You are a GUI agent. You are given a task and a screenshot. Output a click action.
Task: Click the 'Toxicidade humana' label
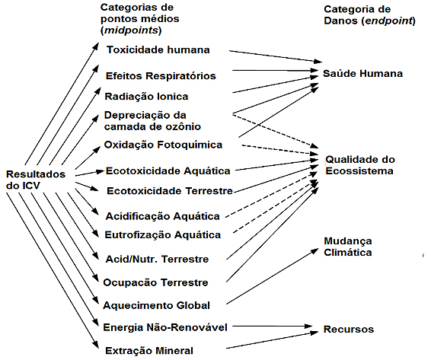158,49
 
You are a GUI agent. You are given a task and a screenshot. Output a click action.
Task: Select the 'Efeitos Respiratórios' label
161,76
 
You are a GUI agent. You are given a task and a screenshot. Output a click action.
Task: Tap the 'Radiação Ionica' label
146,97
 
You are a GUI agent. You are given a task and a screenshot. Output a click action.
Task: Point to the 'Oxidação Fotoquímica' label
163,145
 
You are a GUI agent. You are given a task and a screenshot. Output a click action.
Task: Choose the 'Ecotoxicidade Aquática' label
168,171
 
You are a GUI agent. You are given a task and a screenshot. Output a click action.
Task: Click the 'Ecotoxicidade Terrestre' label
170,191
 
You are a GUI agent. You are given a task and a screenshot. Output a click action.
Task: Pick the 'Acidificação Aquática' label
162,216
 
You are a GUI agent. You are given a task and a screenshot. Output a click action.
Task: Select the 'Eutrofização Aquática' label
163,235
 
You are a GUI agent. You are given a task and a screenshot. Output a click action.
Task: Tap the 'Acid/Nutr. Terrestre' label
157,259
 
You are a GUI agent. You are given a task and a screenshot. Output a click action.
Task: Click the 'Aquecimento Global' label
156,305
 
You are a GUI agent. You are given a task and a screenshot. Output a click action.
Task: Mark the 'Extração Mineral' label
149,351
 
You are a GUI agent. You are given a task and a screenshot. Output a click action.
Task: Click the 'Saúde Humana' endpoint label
362,74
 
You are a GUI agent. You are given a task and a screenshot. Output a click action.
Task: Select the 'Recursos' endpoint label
349,329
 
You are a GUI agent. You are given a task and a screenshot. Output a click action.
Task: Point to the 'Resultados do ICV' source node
36,180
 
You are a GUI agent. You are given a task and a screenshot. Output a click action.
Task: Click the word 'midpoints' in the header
132,30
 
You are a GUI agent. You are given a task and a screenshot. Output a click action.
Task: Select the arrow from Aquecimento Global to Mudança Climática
272,276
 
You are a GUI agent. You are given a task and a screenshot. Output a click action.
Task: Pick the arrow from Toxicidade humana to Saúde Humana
276,56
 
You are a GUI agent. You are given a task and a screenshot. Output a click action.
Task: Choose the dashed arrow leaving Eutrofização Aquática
275,207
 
